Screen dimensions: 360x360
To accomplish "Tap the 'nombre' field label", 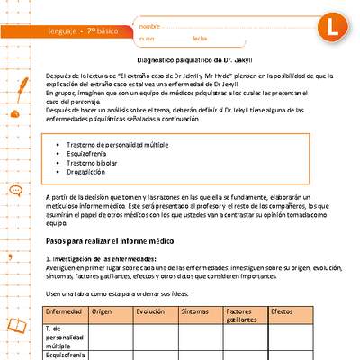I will tap(150, 28).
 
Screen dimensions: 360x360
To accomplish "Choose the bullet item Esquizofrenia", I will tap(91, 154).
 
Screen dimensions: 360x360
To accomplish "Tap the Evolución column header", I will tap(151, 310).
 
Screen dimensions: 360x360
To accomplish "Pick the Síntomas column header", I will tap(195, 310).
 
